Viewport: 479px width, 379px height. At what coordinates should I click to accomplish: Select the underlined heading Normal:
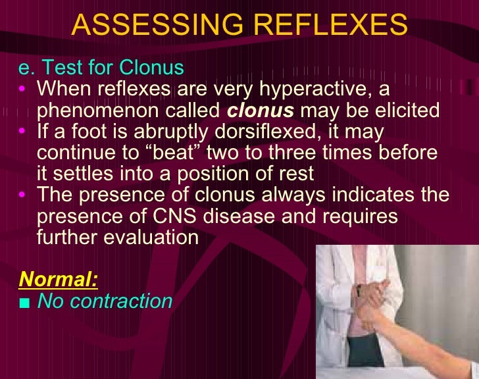pyautogui.click(x=59, y=280)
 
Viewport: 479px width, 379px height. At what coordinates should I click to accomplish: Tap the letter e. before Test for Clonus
pyautogui.click(x=28, y=68)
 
